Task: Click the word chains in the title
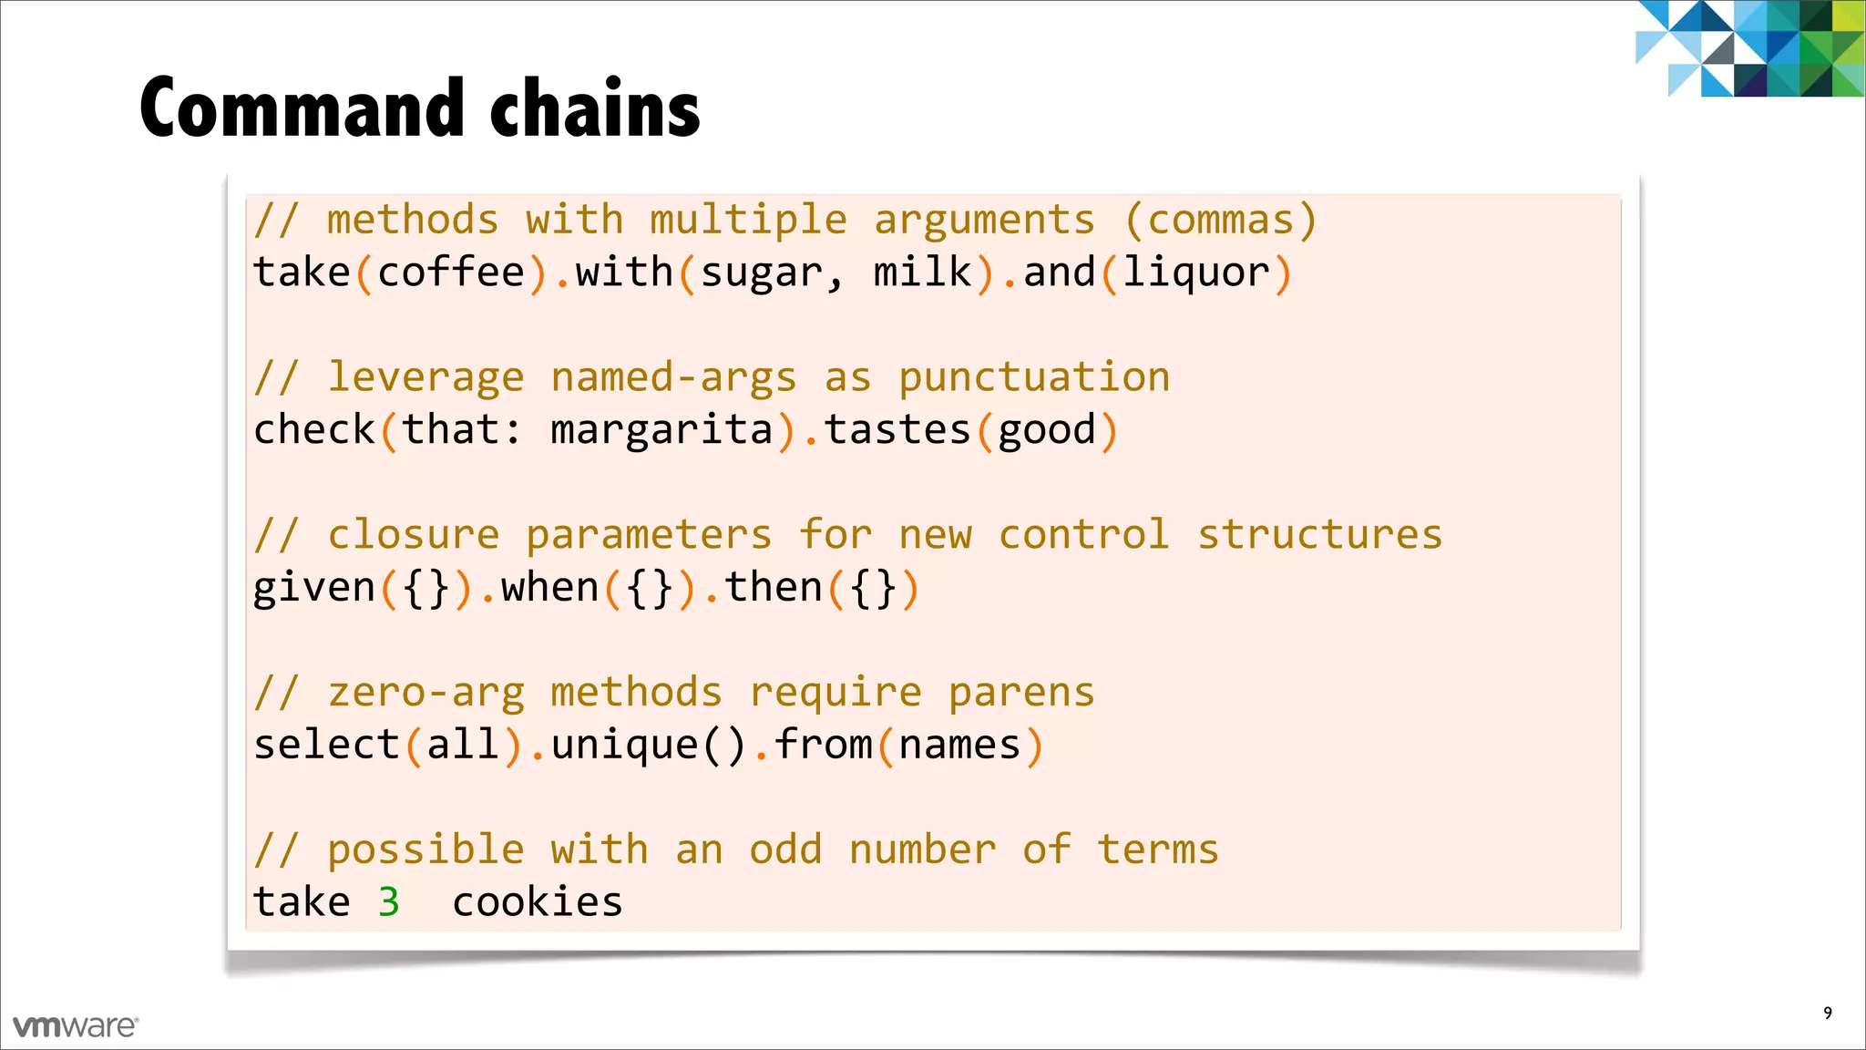click(595, 109)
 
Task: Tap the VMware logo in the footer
click(75, 1026)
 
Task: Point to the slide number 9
click(1827, 1014)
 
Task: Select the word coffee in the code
click(451, 273)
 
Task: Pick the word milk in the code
click(922, 273)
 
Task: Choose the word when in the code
click(549, 587)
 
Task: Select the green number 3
click(389, 902)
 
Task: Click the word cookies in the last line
click(538, 902)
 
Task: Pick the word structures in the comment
click(1319, 535)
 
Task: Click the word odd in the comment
click(785, 849)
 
